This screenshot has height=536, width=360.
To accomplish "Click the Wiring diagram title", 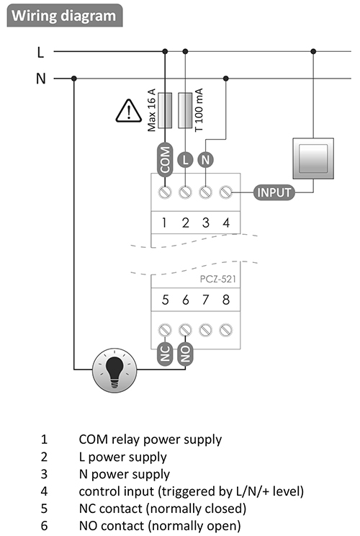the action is (x=64, y=16).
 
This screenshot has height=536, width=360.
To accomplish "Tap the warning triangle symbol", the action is (x=128, y=111).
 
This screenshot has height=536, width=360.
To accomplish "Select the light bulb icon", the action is (x=114, y=370).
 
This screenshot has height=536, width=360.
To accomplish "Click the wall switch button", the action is (x=313, y=158).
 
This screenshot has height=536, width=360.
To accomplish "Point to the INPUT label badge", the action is (x=274, y=192).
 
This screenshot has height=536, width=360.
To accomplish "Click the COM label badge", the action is (x=165, y=160).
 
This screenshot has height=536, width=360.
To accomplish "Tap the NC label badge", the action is (x=165, y=354).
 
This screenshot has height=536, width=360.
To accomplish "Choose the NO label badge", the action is (x=185, y=354).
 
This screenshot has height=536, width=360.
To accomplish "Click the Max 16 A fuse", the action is (x=165, y=110).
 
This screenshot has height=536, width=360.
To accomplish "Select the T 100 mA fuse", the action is (x=185, y=110).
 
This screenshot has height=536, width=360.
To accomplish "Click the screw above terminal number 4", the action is (x=226, y=192).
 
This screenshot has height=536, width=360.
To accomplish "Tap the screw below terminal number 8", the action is (x=226, y=330).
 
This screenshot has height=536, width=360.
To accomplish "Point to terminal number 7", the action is (x=205, y=300).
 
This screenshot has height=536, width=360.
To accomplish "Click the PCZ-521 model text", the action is (x=218, y=279).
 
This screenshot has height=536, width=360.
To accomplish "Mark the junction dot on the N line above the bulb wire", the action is (x=73, y=79).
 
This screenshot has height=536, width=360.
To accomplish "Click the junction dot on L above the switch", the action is (x=313, y=52).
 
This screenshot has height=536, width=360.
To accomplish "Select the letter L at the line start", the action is (x=40, y=53).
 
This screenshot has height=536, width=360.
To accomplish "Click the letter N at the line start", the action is (x=40, y=79).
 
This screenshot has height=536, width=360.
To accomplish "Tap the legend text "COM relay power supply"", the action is (x=150, y=439).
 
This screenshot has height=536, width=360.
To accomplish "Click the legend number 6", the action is (x=44, y=526).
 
